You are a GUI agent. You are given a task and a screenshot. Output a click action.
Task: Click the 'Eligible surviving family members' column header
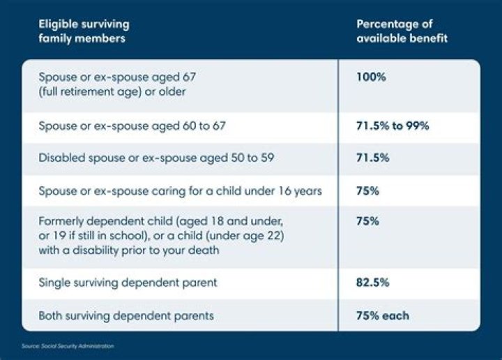pyautogui.click(x=84, y=31)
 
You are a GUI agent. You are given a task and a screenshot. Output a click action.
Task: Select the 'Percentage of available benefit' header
pyautogui.click(x=402, y=31)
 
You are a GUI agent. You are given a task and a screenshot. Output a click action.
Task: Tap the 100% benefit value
pyautogui.click(x=371, y=77)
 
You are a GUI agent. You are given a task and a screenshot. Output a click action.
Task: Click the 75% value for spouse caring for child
pyautogui.click(x=367, y=190)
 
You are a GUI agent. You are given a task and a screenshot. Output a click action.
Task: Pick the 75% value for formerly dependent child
pyautogui.click(x=367, y=221)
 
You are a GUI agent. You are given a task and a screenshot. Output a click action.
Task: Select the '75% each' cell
pyautogui.click(x=382, y=315)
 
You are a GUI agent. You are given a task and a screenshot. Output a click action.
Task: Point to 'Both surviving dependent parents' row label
pyautogui.click(x=126, y=315)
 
